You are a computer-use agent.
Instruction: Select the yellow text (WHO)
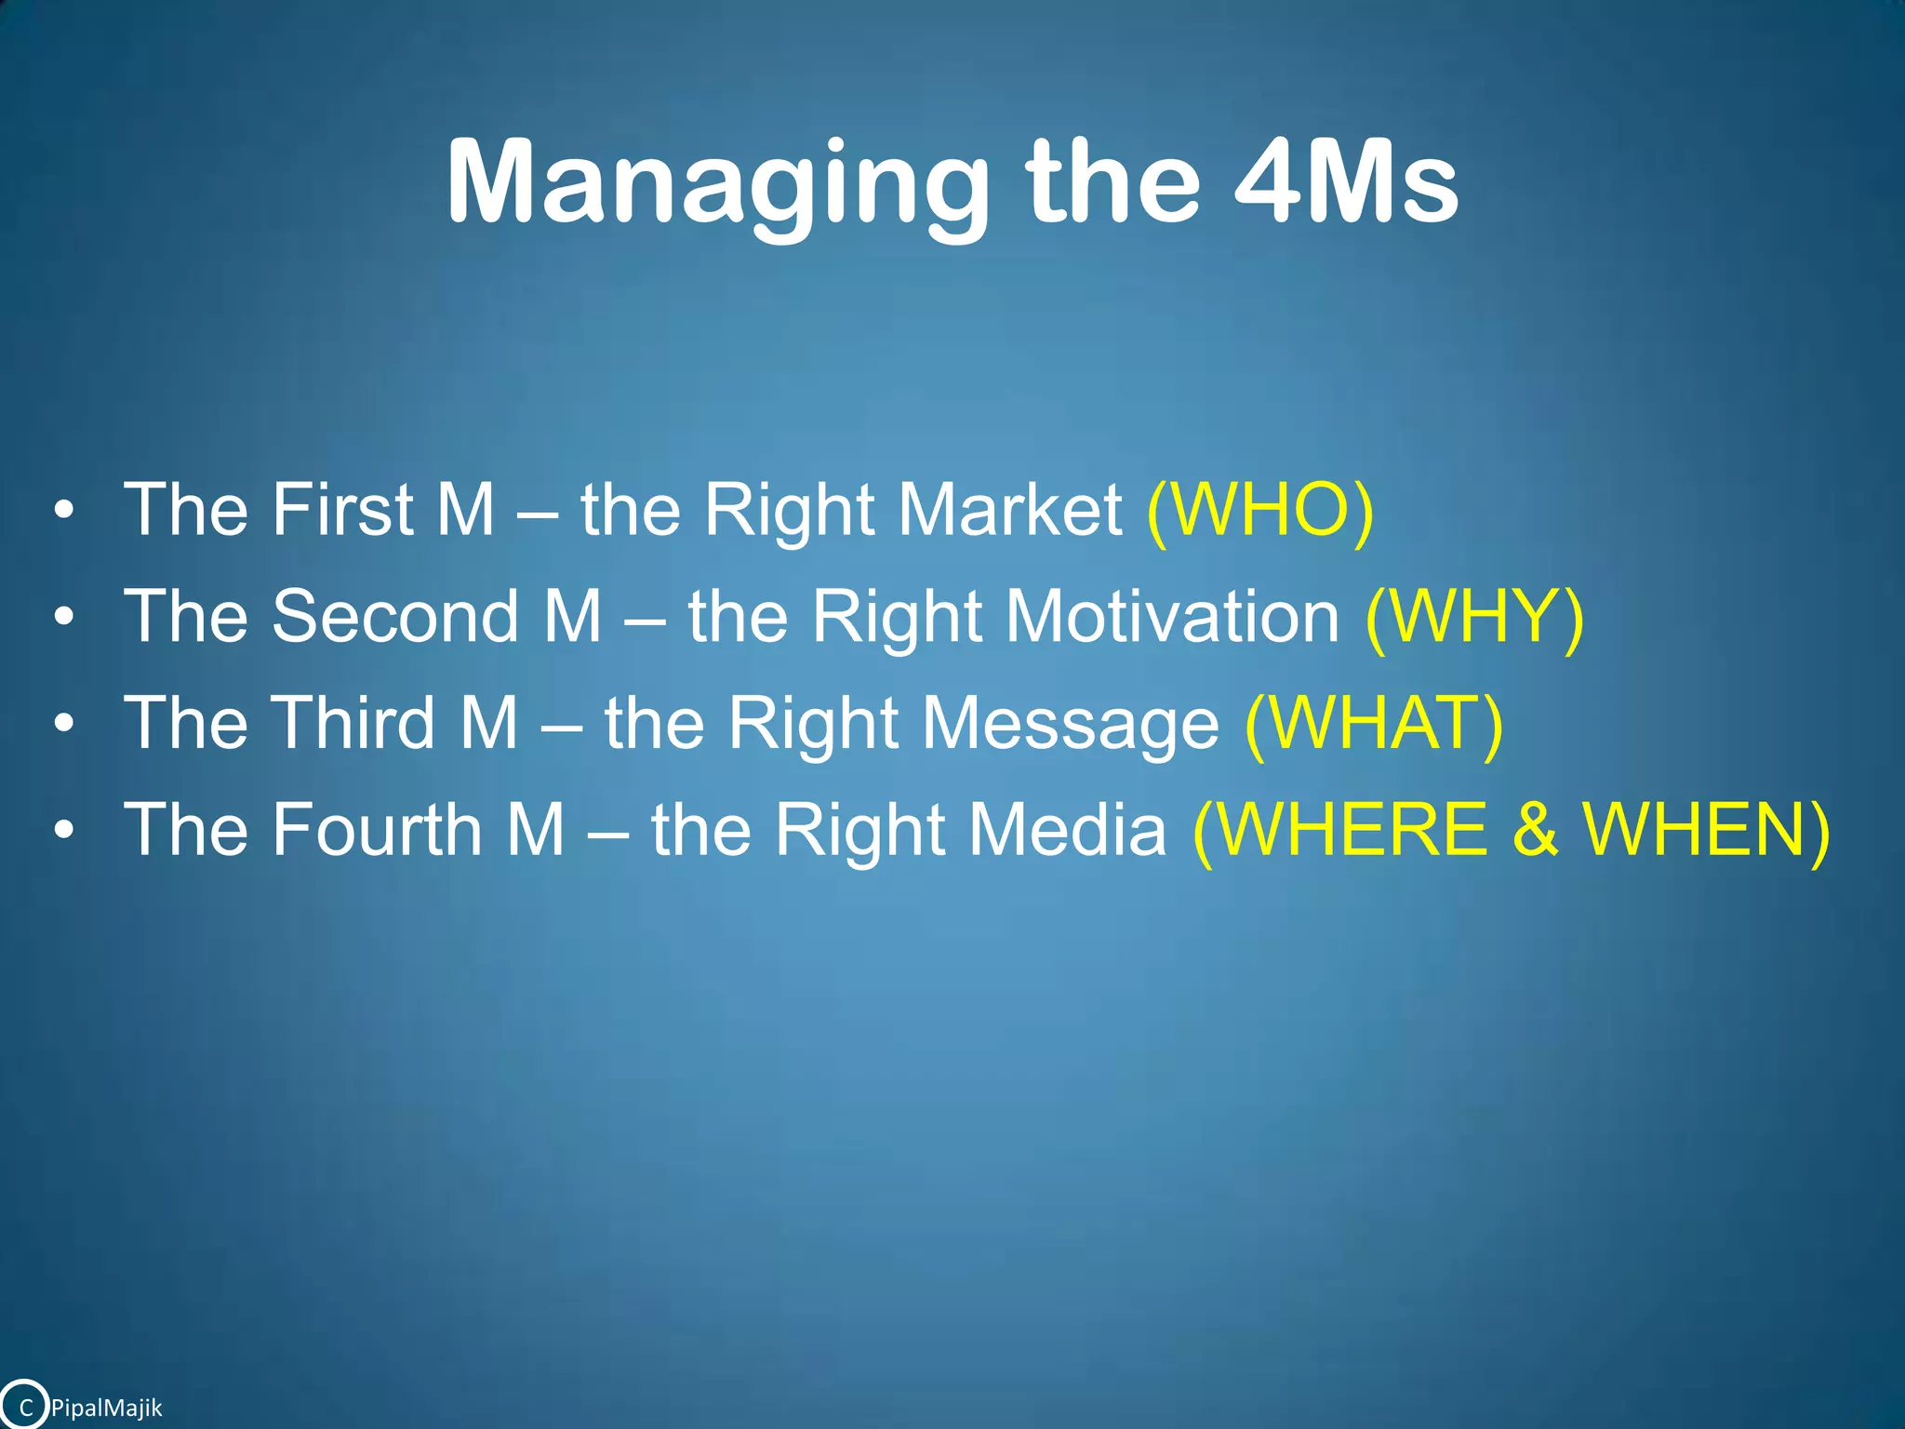(x=1260, y=510)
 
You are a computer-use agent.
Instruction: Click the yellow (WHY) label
(x=1474, y=617)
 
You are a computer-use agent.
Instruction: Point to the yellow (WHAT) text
(x=1373, y=724)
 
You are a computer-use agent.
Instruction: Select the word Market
(x=1010, y=510)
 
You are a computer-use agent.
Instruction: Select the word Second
(x=395, y=617)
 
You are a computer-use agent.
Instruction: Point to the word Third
(x=354, y=724)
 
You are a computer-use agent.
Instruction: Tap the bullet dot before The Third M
(x=63, y=724)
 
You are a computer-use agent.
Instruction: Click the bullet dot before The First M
(x=63, y=511)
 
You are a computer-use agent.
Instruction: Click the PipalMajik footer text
(x=106, y=1408)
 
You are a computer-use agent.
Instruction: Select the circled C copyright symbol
(x=25, y=1407)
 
